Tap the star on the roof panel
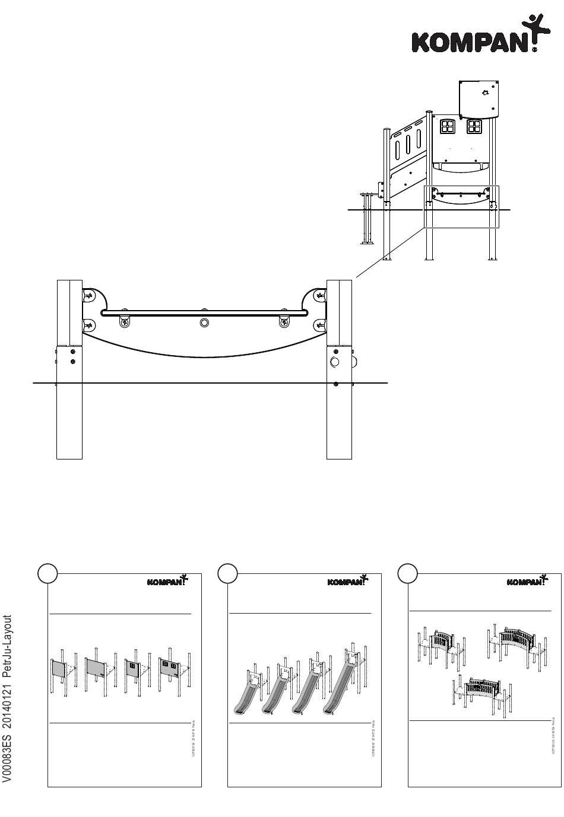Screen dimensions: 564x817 (x=485, y=92)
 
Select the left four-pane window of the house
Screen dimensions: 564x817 (x=446, y=126)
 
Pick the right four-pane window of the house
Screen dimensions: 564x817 (x=474, y=126)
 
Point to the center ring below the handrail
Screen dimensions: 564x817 (x=205, y=323)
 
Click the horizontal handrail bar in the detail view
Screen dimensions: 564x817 (x=204, y=312)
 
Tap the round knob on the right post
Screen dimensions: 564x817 (x=335, y=362)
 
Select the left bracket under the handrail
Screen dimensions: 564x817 (x=125, y=321)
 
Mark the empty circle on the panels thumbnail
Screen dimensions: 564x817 (x=47, y=573)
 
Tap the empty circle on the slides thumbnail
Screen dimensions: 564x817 (x=227, y=573)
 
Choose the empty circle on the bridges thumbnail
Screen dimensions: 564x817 (x=407, y=573)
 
